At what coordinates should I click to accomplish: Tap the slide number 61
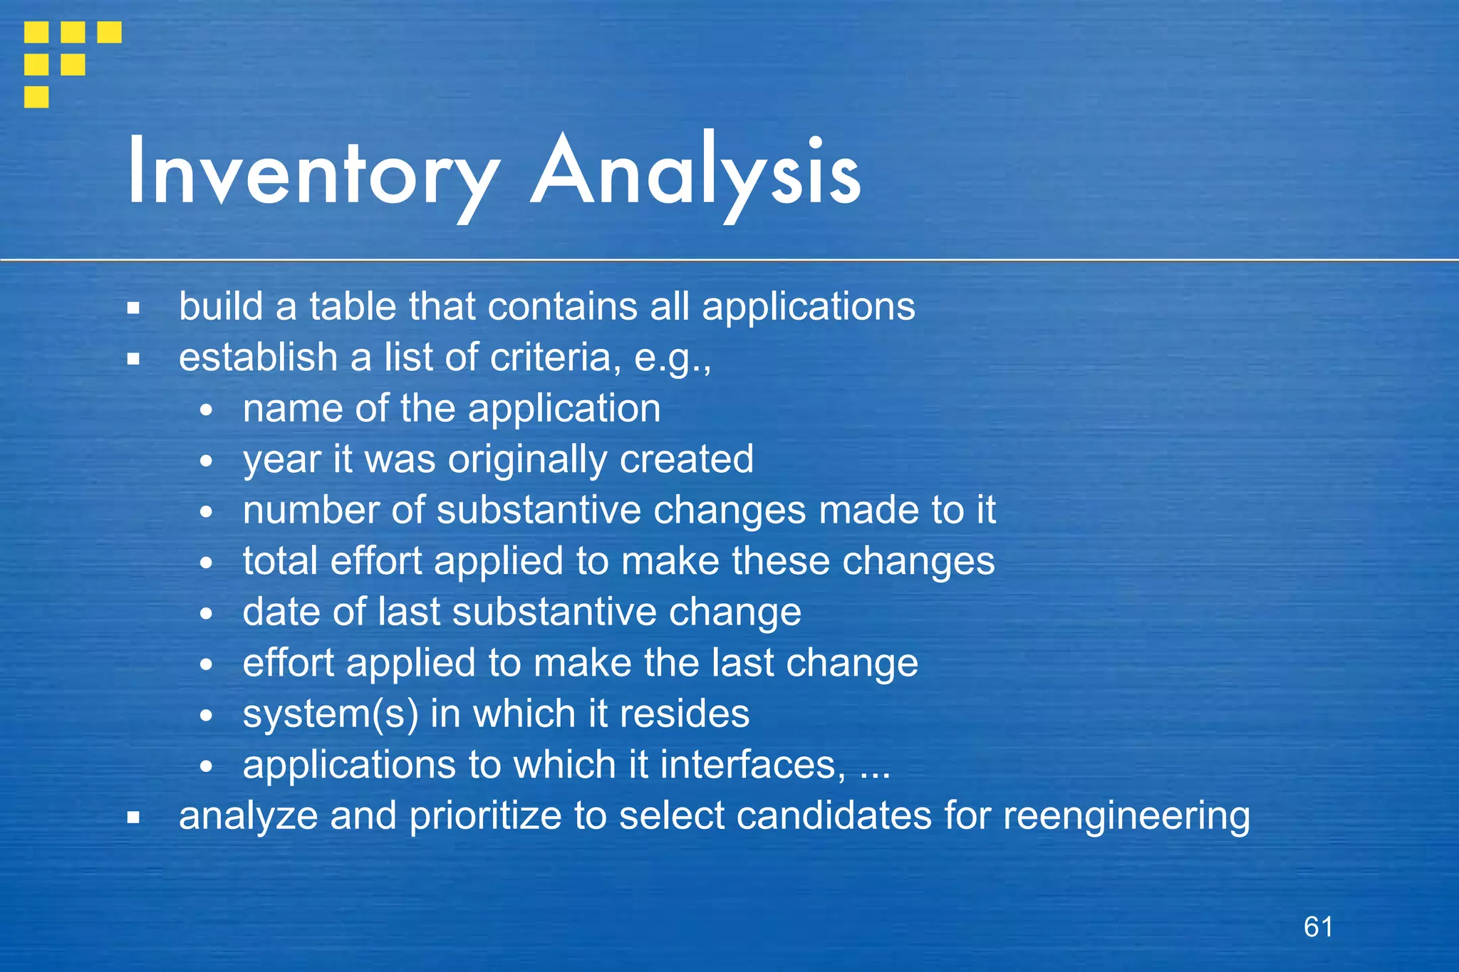[x=1318, y=926]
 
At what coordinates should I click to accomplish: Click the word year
[x=281, y=460]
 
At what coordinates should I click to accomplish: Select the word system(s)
[x=330, y=714]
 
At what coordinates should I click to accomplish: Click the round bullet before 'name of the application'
[x=206, y=410]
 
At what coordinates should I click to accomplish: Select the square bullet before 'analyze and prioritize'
[x=133, y=817]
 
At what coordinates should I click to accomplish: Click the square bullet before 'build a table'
[x=133, y=308]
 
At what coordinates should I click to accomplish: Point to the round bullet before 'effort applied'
[x=206, y=665]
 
